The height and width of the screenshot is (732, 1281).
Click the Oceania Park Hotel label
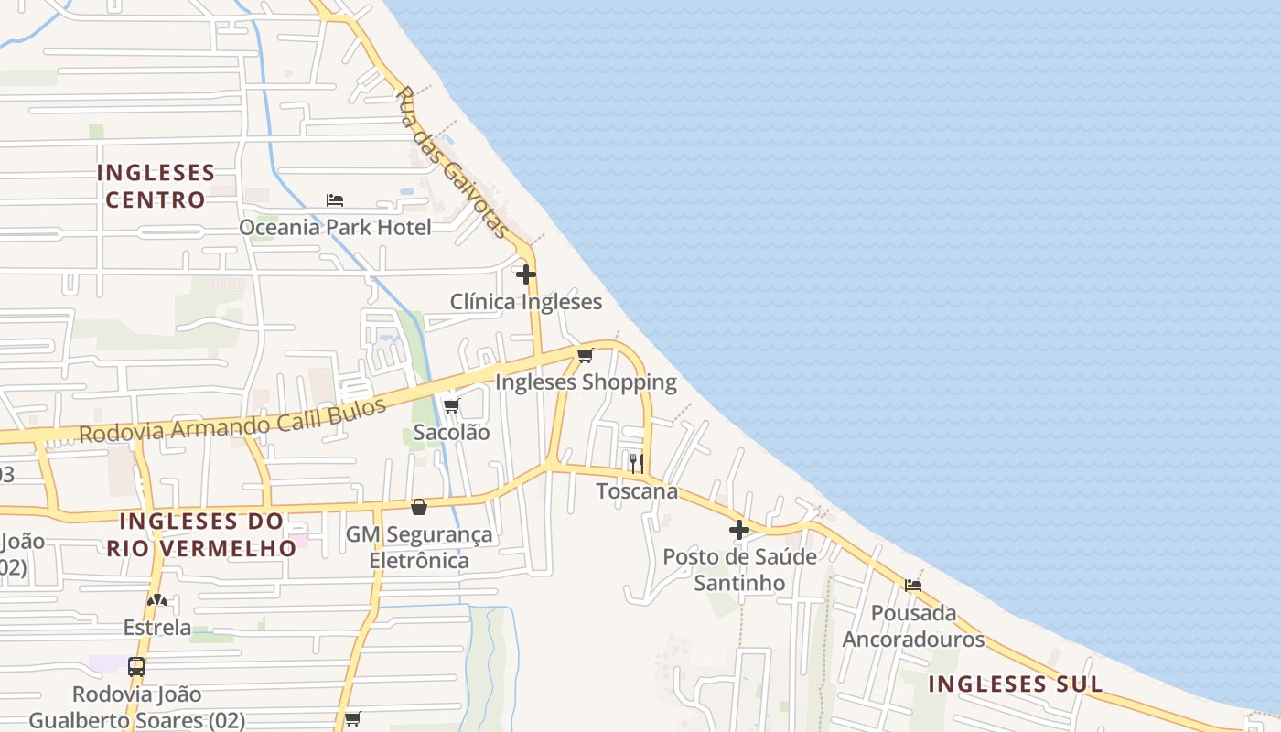click(335, 227)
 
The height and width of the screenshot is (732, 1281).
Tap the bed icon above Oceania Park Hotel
click(335, 200)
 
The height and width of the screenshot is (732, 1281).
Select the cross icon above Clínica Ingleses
click(526, 274)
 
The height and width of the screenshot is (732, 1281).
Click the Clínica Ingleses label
click(526, 302)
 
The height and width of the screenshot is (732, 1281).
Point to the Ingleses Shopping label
click(586, 382)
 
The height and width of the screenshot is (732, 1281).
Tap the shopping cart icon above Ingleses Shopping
click(586, 355)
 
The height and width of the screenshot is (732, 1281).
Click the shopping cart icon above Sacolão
click(451, 405)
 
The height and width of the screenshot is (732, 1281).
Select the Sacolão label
click(451, 433)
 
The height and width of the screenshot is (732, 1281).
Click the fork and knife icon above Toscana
click(637, 463)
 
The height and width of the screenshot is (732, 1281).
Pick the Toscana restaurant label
click(637, 491)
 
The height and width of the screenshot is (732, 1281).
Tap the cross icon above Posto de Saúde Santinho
click(739, 529)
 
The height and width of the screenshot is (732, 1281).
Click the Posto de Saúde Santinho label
click(739, 569)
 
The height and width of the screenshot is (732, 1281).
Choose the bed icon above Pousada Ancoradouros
click(913, 586)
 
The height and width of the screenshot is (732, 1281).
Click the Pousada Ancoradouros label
click(913, 626)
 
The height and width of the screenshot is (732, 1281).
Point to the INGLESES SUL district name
click(1016, 684)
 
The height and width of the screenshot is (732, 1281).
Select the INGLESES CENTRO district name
click(156, 186)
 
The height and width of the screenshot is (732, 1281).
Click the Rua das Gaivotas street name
click(454, 163)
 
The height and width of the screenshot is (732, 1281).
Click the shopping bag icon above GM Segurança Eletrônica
click(419, 507)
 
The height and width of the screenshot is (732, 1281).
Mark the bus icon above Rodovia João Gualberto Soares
click(136, 667)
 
